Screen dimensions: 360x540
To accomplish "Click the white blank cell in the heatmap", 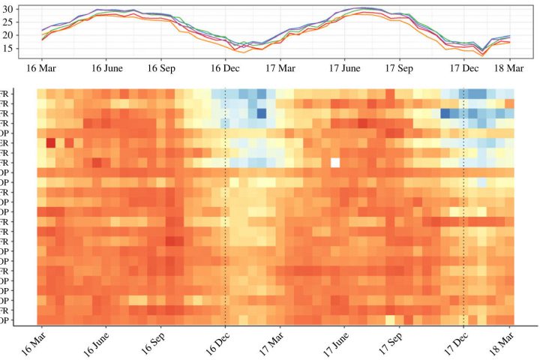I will point(335,162).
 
